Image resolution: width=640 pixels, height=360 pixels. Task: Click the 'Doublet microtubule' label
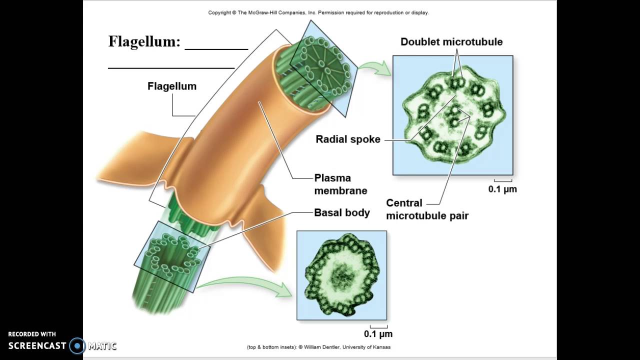coord(451,42)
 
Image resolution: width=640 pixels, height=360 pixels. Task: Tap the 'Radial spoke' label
coord(348,139)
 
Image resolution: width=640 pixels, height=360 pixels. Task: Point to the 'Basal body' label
coord(342,212)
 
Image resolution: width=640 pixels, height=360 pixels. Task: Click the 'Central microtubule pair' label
coord(427,209)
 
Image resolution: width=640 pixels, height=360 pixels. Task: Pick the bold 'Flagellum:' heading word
coord(144,41)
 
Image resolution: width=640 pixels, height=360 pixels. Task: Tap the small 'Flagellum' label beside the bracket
coord(172,86)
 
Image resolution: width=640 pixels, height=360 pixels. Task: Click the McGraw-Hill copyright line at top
coord(318,12)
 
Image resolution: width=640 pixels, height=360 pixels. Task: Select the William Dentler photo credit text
coord(318,347)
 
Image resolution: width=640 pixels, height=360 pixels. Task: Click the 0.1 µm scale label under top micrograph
coord(502,189)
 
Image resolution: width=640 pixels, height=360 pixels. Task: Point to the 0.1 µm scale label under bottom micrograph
coord(378,334)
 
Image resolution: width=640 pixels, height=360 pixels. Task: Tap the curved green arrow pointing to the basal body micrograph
coord(245,284)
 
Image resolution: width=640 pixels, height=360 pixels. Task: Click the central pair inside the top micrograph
coord(454,115)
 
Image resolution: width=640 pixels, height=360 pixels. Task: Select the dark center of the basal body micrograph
coord(342,274)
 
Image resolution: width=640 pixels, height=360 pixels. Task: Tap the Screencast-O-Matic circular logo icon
coord(77,345)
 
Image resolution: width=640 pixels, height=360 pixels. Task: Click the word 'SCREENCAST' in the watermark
coord(37,345)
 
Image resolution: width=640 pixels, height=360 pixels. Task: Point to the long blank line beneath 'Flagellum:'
coord(171,67)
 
